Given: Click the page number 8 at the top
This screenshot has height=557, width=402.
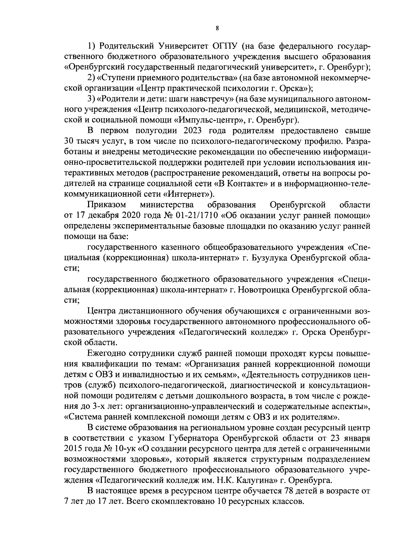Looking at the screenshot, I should point(217,29).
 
